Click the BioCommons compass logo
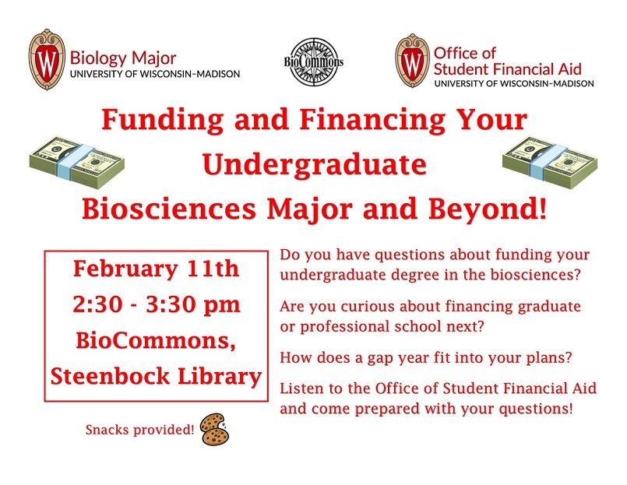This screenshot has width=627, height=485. tap(312, 62)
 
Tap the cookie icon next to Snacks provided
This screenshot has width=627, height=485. tap(214, 427)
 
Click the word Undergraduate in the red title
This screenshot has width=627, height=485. tap(314, 165)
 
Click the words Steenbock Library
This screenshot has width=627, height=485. tap(156, 376)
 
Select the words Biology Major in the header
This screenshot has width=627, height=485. tap(123, 58)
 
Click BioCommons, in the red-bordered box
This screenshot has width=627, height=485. tap(156, 341)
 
